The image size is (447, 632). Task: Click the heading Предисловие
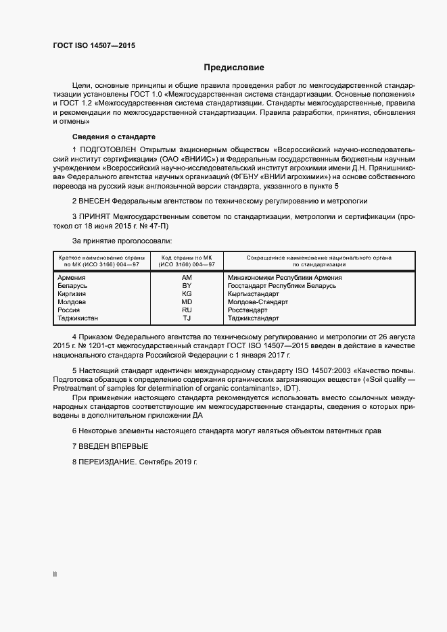click(x=234, y=68)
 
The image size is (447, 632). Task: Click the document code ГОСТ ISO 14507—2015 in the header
click(x=94, y=45)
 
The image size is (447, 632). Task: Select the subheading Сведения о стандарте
click(x=104, y=137)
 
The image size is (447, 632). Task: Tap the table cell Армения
click(x=72, y=278)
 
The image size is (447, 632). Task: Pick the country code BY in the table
click(x=187, y=286)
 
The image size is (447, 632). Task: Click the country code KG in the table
click(x=187, y=294)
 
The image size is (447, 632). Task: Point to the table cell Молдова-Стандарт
click(x=259, y=302)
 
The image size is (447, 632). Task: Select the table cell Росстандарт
click(x=248, y=310)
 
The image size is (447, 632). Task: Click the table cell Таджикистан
click(x=78, y=318)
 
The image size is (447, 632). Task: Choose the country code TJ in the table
click(x=187, y=318)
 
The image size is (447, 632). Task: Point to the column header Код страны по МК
click(x=187, y=258)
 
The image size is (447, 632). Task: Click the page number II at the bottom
click(x=55, y=574)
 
